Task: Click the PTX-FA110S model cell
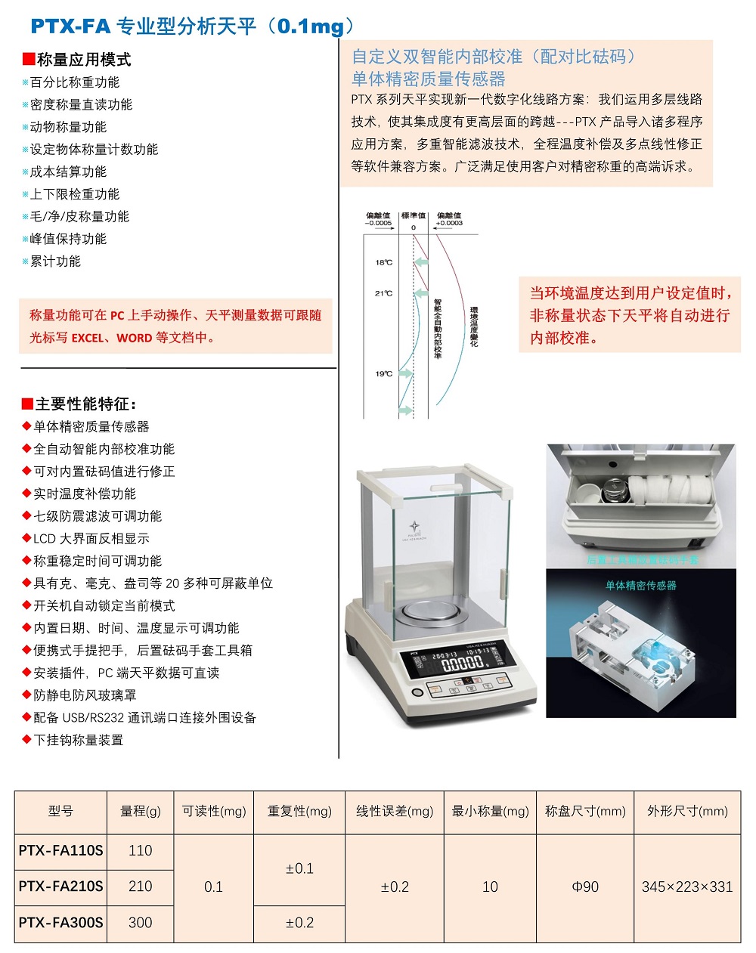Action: point(60,850)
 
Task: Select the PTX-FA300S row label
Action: point(60,923)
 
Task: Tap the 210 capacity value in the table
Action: point(141,886)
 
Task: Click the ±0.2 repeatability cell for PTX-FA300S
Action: point(299,923)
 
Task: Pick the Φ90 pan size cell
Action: point(585,886)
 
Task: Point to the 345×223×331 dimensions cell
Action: point(686,886)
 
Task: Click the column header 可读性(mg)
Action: point(214,811)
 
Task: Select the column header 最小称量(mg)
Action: point(490,811)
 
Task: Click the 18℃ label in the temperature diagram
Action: point(383,263)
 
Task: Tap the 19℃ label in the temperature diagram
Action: point(383,374)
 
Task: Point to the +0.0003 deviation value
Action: point(449,224)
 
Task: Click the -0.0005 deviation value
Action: point(378,224)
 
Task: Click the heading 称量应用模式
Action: point(83,60)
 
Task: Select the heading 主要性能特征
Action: point(85,404)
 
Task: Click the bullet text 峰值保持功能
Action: point(68,239)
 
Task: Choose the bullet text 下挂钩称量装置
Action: point(78,740)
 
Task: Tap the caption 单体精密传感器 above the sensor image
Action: point(640,586)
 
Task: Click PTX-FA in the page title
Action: point(70,26)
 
